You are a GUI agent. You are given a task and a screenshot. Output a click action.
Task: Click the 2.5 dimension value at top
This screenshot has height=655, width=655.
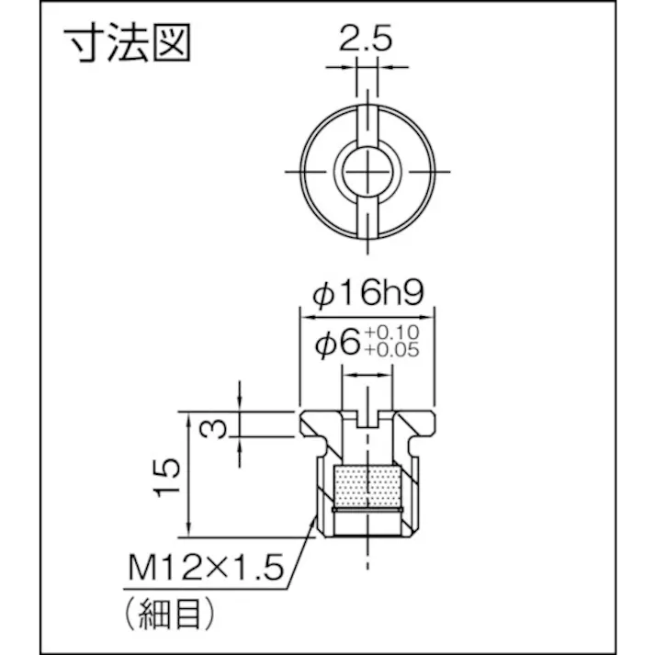pyautogui.click(x=366, y=40)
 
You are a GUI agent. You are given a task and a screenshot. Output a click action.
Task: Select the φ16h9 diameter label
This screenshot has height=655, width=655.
pyautogui.click(x=367, y=294)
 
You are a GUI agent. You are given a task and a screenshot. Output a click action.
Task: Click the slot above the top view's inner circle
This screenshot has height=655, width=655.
pyautogui.click(x=366, y=124)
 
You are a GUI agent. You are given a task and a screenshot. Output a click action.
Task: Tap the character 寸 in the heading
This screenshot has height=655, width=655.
pyautogui.click(x=82, y=43)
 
